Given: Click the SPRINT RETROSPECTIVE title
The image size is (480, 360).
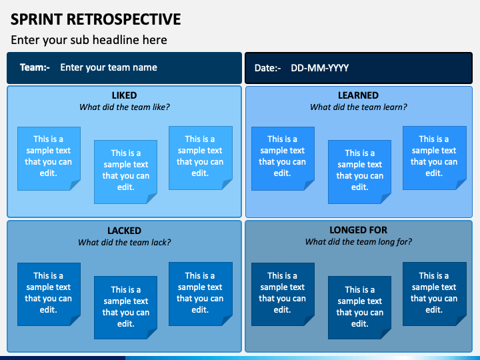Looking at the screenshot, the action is (x=96, y=19).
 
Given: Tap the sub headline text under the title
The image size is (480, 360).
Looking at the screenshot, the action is (x=89, y=40).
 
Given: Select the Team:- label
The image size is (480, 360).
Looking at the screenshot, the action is (x=35, y=67).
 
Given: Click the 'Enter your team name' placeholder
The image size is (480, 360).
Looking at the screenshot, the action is (x=109, y=67).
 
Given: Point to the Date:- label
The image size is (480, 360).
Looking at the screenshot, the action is (x=267, y=68).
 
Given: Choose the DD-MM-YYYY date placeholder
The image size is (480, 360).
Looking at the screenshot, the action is (x=319, y=68).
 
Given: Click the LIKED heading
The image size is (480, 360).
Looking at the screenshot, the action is (x=124, y=95).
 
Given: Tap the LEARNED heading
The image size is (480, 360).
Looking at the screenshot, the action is (x=358, y=95).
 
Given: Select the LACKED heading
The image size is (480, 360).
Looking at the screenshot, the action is (x=124, y=231).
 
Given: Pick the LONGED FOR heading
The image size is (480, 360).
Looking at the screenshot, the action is (x=358, y=230).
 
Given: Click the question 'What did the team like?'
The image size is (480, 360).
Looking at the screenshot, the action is (x=124, y=107).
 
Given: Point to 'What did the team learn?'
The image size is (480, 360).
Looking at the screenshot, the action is (x=359, y=107).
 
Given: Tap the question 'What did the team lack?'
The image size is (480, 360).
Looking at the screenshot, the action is (x=124, y=243).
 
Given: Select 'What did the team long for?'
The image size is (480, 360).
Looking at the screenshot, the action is (x=359, y=242).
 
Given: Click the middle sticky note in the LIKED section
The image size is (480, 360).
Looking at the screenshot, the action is (x=125, y=172).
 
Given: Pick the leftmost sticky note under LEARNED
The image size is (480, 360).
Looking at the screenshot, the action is (x=283, y=159).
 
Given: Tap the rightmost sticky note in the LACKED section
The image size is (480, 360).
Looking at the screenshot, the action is (x=201, y=294).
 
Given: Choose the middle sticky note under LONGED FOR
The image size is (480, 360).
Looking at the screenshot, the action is (x=359, y=307).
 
